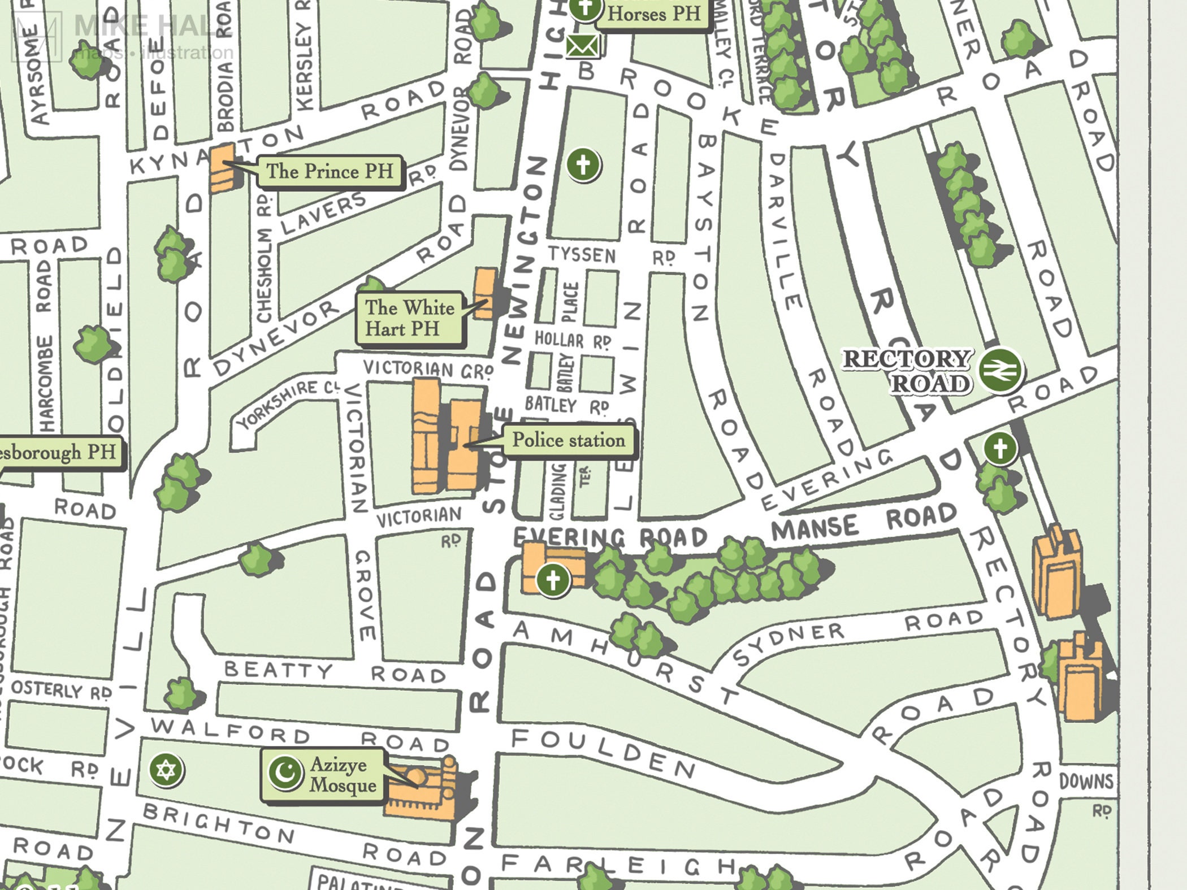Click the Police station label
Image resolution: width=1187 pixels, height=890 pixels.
pos(568,441)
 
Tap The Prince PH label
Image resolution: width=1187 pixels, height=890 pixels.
pos(330,171)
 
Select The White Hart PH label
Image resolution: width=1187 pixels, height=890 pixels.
pos(409,318)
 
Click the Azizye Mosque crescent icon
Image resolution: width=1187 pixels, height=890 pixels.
pos(285,772)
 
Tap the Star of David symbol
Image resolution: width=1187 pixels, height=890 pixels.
pos(166,770)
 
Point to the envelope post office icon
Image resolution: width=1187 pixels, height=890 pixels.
pos(583,46)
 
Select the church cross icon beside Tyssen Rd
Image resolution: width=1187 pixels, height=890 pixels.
pos(583,165)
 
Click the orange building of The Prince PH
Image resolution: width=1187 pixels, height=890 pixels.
pos(222,168)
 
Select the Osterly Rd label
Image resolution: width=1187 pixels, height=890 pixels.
pos(61,690)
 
